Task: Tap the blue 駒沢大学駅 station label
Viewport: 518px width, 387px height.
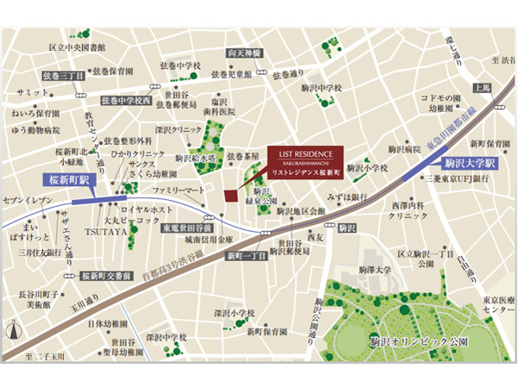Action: pyautogui.click(x=471, y=162)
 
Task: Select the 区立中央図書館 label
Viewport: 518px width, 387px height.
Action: pyautogui.click(x=77, y=47)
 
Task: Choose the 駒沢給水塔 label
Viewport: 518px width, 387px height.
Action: pyautogui.click(x=198, y=159)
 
